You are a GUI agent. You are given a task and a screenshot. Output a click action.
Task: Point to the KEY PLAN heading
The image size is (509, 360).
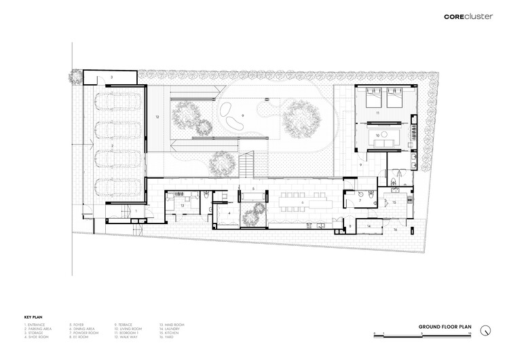point(33,317)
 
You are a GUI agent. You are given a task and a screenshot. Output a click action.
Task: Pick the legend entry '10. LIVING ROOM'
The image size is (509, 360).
point(128,329)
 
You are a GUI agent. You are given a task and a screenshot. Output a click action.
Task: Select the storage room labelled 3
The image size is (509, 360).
point(113,78)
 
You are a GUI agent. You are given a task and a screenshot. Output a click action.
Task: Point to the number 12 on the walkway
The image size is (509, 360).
point(157,118)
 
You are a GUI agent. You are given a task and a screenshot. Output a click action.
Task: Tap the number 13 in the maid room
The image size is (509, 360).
point(182,205)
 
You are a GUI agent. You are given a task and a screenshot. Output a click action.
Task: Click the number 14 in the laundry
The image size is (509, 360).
point(369,225)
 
